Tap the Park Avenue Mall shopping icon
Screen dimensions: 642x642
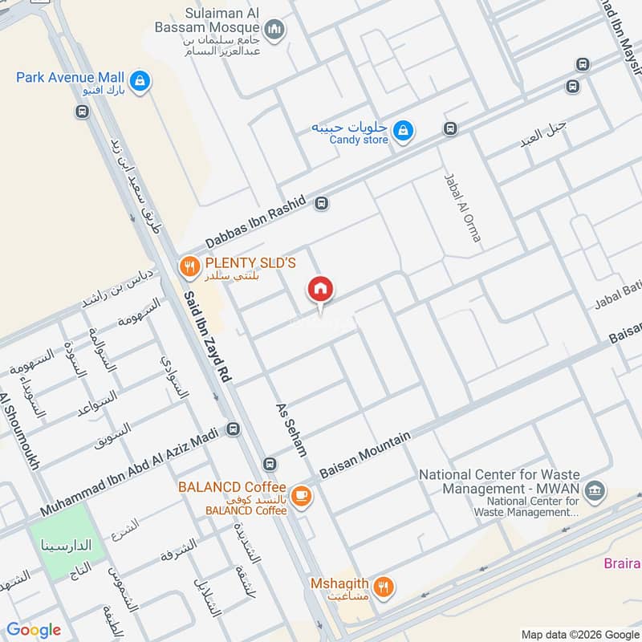[140, 81]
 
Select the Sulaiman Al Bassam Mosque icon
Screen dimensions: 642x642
[275, 30]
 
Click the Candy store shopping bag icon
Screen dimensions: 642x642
[404, 129]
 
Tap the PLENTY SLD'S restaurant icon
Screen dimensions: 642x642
[189, 266]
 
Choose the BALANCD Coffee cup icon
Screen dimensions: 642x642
[302, 496]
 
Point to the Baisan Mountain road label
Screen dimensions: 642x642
[365, 456]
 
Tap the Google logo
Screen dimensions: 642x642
[33, 630]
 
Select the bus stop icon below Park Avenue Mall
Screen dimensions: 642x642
[82, 112]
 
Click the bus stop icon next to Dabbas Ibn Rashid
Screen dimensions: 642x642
[322, 203]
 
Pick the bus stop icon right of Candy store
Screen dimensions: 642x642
[451, 128]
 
